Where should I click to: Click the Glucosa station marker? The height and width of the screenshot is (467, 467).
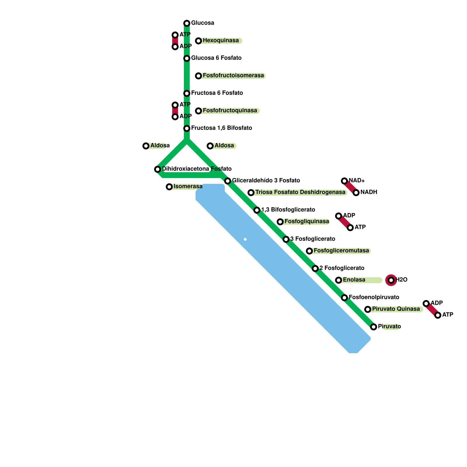[187, 23]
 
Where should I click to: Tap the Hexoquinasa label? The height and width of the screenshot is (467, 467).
[221, 41]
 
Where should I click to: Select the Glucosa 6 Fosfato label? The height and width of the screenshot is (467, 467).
[216, 58]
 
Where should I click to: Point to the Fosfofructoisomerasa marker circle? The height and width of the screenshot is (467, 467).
[198, 76]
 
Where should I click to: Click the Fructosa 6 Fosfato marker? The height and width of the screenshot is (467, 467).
[187, 93]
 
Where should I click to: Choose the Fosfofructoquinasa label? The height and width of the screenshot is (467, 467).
[230, 111]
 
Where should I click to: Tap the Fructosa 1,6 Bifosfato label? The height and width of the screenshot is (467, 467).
[222, 128]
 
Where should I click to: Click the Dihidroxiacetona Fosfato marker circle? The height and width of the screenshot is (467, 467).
[158, 169]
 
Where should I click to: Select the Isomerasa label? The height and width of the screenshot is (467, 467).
[188, 187]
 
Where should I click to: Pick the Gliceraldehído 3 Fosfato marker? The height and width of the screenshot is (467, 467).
[228, 181]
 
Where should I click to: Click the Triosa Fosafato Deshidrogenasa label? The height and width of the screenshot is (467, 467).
[300, 192]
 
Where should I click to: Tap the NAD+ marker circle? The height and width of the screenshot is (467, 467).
[344, 181]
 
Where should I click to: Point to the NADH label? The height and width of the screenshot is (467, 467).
[369, 192]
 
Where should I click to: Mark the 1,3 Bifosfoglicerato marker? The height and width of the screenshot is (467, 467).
[257, 210]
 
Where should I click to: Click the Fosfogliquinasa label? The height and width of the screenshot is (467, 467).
[307, 222]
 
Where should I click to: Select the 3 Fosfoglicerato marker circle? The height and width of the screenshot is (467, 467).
[286, 239]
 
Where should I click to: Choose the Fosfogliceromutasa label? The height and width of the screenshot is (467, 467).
[341, 251]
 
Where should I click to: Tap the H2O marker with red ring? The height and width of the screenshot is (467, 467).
[391, 280]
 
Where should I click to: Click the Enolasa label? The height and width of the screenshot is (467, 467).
[354, 280]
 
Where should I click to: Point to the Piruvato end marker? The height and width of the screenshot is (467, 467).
[374, 327]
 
